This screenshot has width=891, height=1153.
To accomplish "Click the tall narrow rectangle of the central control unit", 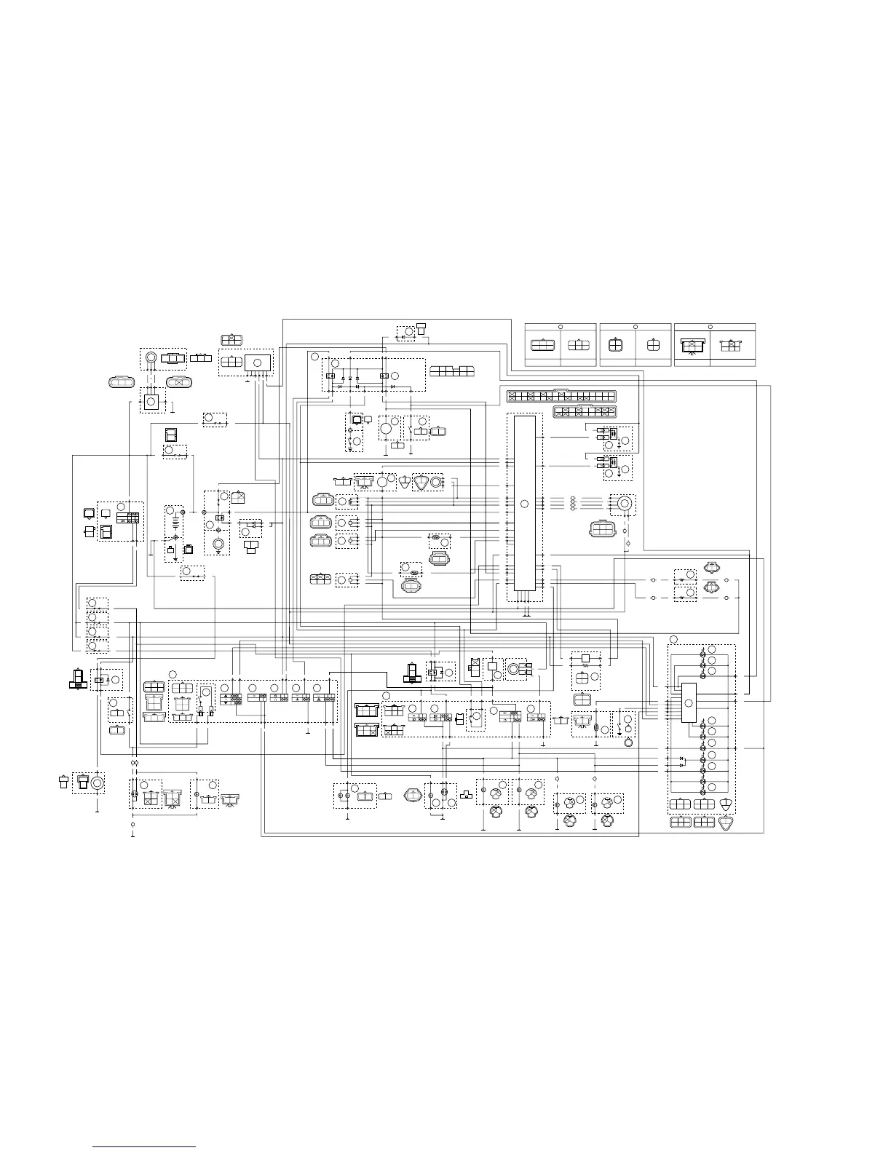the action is (524, 502).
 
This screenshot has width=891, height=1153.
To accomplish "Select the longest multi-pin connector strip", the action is (561, 397).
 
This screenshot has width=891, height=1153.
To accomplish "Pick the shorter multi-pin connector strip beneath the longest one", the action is (585, 411).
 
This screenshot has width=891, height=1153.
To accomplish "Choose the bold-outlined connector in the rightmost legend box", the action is (692, 346).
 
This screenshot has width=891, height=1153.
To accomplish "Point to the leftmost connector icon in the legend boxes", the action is (542, 346).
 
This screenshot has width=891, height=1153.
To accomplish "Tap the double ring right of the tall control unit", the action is (623, 503).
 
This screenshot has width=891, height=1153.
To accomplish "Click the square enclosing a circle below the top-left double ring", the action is (151, 401).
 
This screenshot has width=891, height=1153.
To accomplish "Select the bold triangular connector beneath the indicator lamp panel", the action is (726, 823).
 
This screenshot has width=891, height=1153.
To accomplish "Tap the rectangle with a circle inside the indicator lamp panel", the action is (689, 702).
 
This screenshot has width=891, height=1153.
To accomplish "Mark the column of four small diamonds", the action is (573, 503).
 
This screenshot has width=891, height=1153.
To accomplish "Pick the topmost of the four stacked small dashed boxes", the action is (97, 603).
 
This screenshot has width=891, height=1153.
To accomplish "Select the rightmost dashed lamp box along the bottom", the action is (608, 803).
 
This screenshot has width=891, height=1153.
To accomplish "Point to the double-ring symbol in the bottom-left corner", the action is (97, 783).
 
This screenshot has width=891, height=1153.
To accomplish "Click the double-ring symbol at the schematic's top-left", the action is (151, 358).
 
